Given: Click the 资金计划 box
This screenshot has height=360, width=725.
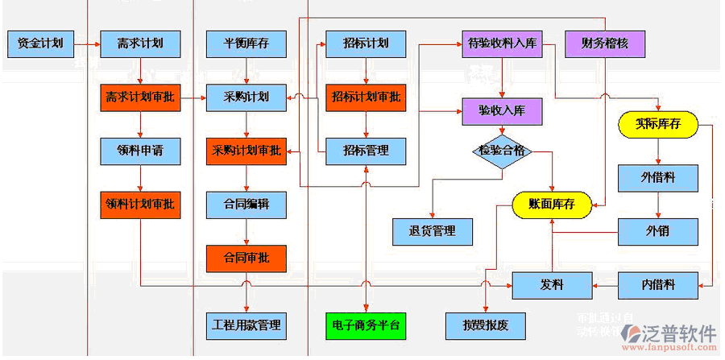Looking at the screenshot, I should pos(40,43).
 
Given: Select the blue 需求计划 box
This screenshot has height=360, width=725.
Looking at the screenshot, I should pos(140,43).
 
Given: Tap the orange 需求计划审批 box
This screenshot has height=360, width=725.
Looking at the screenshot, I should pos(140,97).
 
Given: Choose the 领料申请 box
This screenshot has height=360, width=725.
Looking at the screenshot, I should pos(140,151).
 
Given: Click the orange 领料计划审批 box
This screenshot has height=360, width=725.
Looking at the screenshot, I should pos(140,205).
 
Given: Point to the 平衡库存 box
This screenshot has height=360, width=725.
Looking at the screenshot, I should pos(246,43).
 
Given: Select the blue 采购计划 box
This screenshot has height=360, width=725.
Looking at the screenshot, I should pos(246,97).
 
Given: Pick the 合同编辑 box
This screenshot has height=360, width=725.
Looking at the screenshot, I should pos(246,205).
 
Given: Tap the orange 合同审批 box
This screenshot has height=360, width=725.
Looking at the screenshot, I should pos(246,258).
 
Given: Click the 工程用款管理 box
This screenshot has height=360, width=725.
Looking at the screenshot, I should pos(246,325).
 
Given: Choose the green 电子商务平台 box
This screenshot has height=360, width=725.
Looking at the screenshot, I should pos(366,325).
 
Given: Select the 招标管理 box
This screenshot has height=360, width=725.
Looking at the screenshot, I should pos(366,151).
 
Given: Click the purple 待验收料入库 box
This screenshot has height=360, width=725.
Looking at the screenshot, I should pos(501,43).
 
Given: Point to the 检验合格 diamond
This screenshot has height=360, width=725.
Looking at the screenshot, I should pos(502,151).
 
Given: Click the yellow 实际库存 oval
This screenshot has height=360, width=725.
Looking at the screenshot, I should pos(657,124).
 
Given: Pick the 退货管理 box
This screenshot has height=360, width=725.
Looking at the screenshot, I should pos(433,231).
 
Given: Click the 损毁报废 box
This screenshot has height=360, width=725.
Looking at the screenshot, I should pos(487,325).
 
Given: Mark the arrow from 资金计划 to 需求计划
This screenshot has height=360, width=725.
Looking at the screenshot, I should pos(87,43).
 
